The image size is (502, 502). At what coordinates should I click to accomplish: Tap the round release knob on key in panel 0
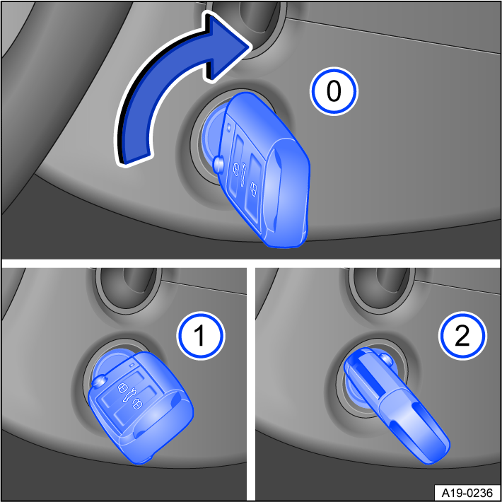(x=218, y=164)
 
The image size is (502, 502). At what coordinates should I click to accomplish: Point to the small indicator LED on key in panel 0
(x=230, y=128)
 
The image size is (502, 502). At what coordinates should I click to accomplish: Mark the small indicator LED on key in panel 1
(x=132, y=364)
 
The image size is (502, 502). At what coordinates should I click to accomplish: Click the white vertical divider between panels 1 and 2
(x=250, y=382)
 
